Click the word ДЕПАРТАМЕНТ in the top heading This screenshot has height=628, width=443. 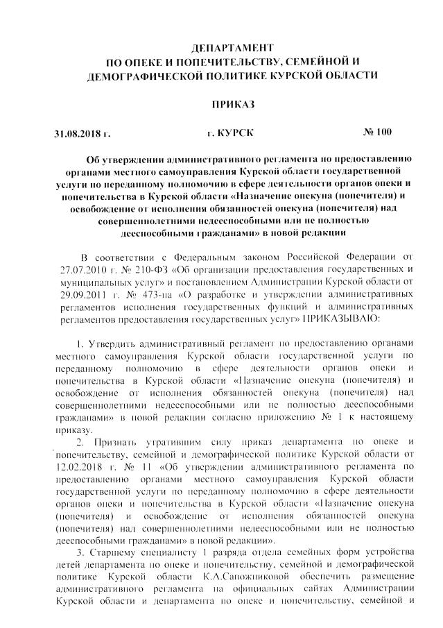pyautogui.click(x=227, y=46)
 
